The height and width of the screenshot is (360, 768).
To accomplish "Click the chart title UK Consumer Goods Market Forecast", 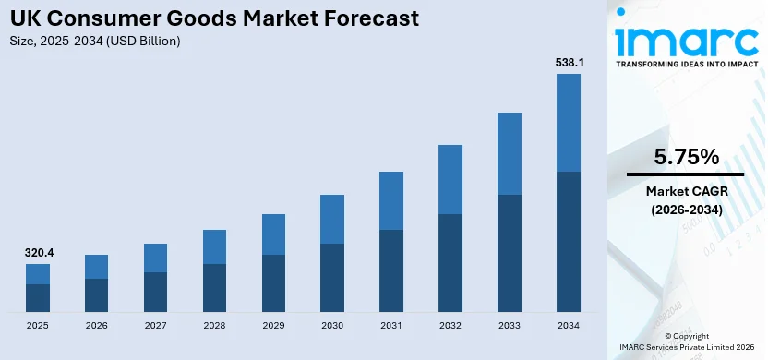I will point(212,18).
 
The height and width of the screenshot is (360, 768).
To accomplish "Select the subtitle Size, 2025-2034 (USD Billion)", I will point(95,42).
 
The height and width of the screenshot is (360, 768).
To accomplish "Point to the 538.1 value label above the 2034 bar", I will point(569,62).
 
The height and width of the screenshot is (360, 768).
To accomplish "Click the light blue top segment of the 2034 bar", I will point(569,123).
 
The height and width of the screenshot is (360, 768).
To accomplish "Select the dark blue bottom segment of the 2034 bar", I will point(569,242).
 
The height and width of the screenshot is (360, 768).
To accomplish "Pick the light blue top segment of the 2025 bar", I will point(38,274).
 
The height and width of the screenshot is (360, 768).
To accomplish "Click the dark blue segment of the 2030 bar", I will point(332,278).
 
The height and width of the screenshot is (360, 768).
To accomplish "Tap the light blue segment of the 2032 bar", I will point(450,179).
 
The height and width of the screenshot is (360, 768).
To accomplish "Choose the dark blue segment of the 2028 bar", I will point(214,288).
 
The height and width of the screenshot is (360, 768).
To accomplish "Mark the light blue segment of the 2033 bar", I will point(510,153).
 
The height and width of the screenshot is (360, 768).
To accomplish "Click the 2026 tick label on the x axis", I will point(97,326).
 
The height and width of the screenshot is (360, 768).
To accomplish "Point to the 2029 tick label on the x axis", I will point(273,326).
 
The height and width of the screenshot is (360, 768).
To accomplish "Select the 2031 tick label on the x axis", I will point(391,326).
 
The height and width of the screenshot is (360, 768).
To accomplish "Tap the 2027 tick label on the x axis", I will point(156,326).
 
